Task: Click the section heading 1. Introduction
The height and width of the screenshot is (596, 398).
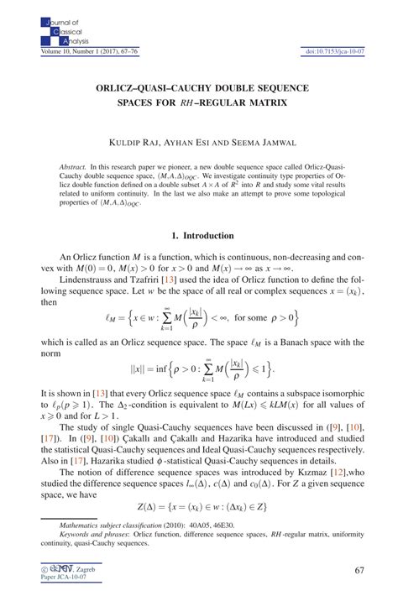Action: click(198, 235)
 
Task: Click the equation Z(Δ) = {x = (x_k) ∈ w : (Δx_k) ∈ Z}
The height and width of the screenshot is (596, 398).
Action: click(198, 507)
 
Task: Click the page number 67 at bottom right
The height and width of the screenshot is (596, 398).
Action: click(359, 571)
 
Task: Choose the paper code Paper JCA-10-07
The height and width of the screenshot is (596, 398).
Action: click(62, 581)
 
